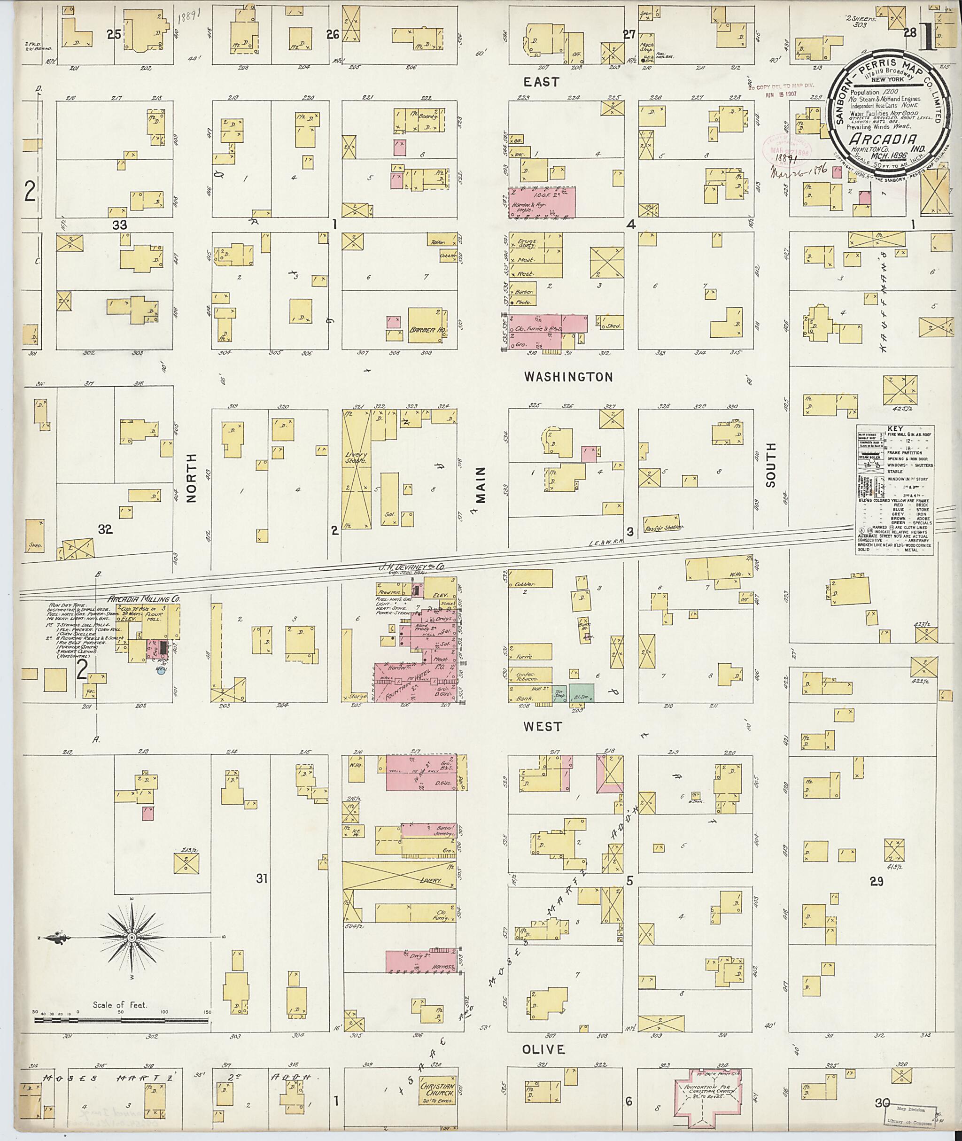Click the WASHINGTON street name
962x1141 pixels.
click(x=568, y=377)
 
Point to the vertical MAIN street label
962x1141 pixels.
click(x=481, y=484)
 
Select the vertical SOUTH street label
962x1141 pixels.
click(x=770, y=464)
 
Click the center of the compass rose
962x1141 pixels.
click(x=132, y=938)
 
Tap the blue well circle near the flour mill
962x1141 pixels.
click(x=160, y=671)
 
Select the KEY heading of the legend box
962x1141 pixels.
click(x=894, y=429)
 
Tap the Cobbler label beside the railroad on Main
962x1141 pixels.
click(x=522, y=583)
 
